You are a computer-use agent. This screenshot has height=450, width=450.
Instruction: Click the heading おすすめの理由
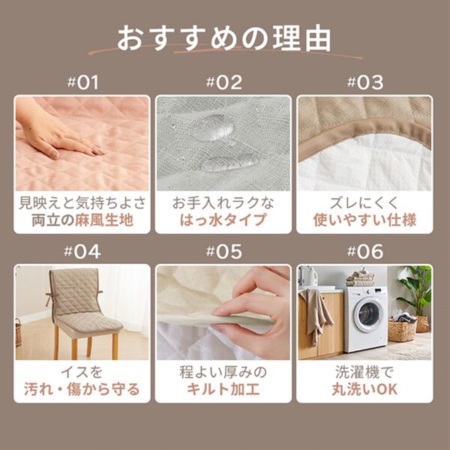click(224, 38)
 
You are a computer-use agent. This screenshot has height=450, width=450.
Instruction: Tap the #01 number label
click(82, 82)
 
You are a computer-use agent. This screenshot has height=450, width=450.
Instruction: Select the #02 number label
click(223, 82)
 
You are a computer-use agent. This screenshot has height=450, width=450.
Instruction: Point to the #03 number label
click(364, 82)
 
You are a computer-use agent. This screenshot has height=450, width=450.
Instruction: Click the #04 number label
click(82, 252)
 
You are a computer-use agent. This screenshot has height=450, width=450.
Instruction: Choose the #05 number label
click(223, 252)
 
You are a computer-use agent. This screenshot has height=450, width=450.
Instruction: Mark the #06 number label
click(364, 252)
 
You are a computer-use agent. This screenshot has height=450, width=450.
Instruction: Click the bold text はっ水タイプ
click(223, 220)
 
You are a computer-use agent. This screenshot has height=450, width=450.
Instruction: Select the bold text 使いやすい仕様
click(364, 220)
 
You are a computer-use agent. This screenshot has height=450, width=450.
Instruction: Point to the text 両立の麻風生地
click(82, 220)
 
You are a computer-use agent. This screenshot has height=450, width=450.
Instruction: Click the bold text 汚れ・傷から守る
click(82, 389)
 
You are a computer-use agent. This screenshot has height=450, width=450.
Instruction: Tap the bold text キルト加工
click(223, 389)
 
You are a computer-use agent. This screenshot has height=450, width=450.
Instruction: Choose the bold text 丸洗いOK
click(364, 389)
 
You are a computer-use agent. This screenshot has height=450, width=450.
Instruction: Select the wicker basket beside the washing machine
click(402, 329)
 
